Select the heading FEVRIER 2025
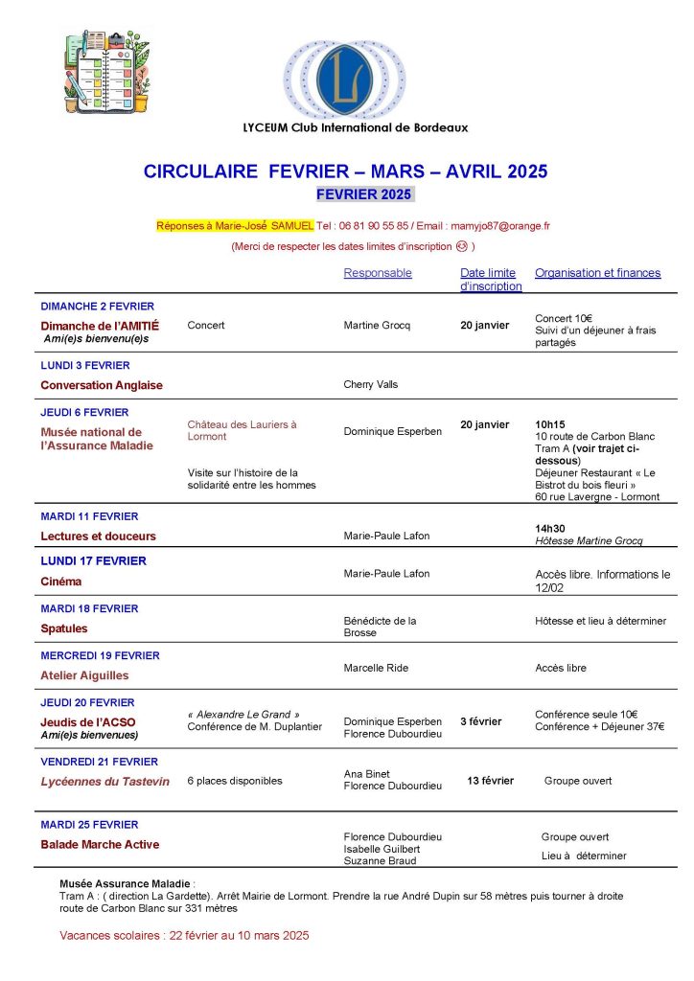point(364,194)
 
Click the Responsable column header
point(378,273)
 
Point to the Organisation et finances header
point(597,273)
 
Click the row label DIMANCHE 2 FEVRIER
point(97,307)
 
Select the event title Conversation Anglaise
point(102,385)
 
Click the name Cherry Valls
point(370,385)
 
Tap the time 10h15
point(550,424)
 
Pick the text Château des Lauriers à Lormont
point(242,430)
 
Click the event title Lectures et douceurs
point(98,536)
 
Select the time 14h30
point(550,528)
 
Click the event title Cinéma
point(60,582)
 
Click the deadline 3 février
point(480,721)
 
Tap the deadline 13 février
point(490,781)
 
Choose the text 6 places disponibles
point(235,781)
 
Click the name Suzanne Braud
point(380,860)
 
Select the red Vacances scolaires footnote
point(184,935)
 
